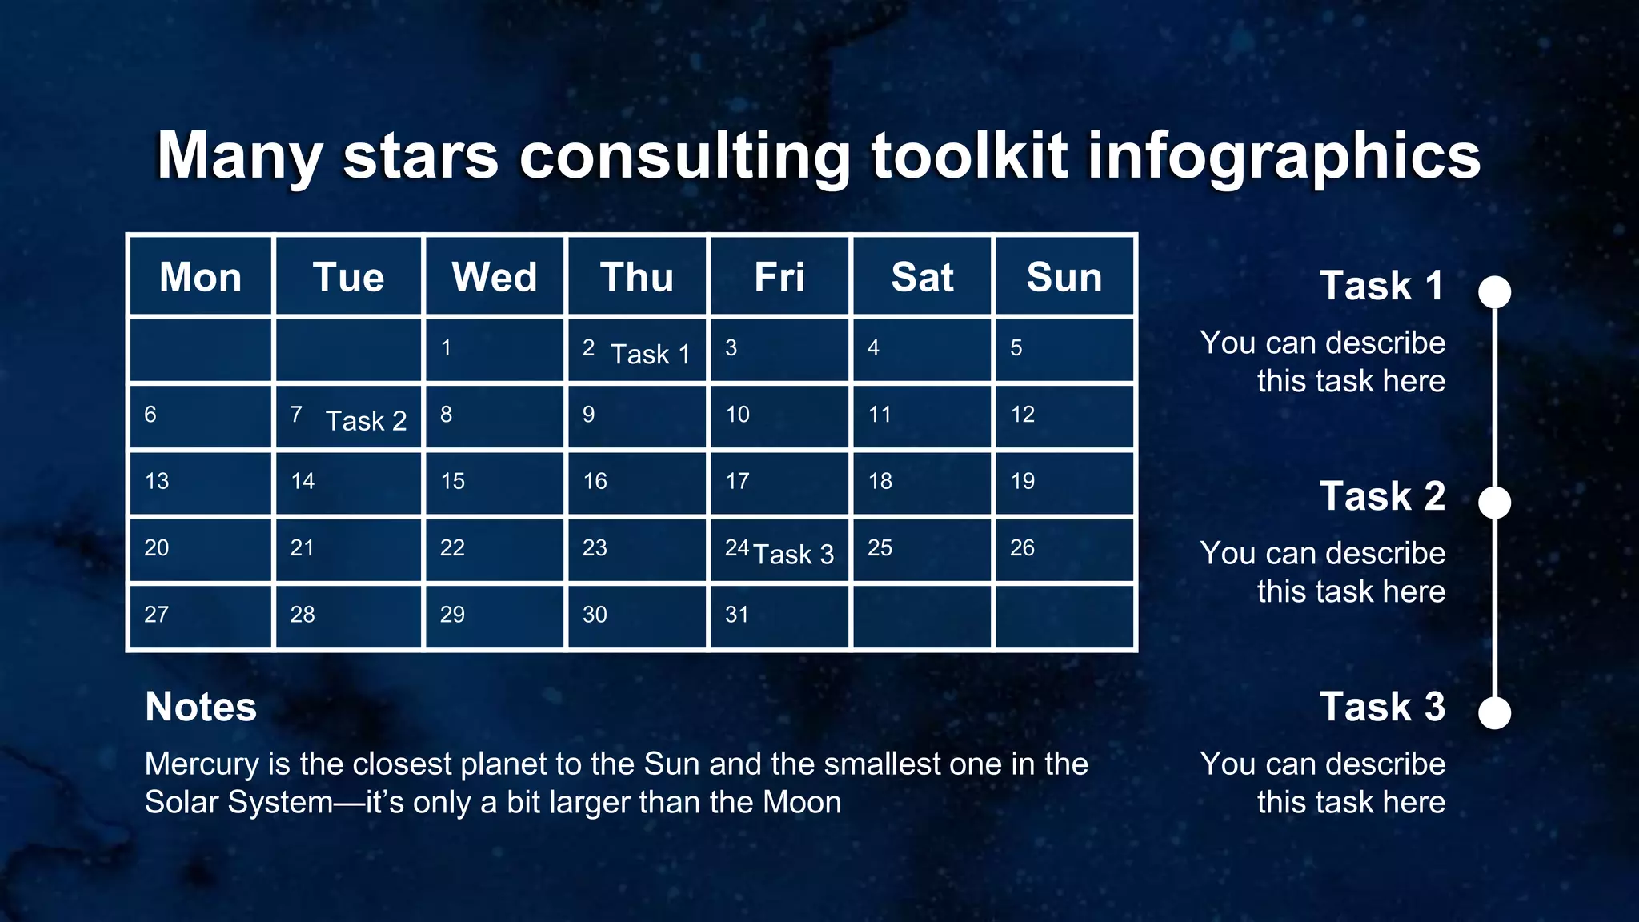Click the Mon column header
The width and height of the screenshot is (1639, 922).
click(x=200, y=278)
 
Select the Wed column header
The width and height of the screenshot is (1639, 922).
click(x=494, y=278)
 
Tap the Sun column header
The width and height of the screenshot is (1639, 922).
click(x=1064, y=278)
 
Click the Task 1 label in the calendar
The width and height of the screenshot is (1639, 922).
click(x=650, y=354)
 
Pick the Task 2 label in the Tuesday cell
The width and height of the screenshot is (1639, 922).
click(x=366, y=421)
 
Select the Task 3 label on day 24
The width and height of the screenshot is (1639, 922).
click(x=793, y=554)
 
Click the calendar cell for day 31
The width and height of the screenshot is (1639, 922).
click(x=779, y=616)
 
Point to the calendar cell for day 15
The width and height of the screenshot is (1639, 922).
click(x=494, y=483)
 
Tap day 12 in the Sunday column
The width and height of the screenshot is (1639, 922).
click(x=1064, y=416)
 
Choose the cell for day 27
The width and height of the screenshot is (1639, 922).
click(x=200, y=616)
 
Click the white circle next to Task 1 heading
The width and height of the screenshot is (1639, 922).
click(x=1494, y=291)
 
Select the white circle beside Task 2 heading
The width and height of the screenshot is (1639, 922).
click(x=1494, y=503)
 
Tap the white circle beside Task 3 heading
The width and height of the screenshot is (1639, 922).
click(x=1494, y=713)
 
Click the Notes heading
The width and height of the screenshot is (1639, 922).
click(x=201, y=707)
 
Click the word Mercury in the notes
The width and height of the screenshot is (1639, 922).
click(x=202, y=765)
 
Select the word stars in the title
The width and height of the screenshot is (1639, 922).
click(x=421, y=156)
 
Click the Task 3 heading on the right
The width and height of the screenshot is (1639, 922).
click(x=1382, y=707)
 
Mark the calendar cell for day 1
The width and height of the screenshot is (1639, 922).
click(x=494, y=350)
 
